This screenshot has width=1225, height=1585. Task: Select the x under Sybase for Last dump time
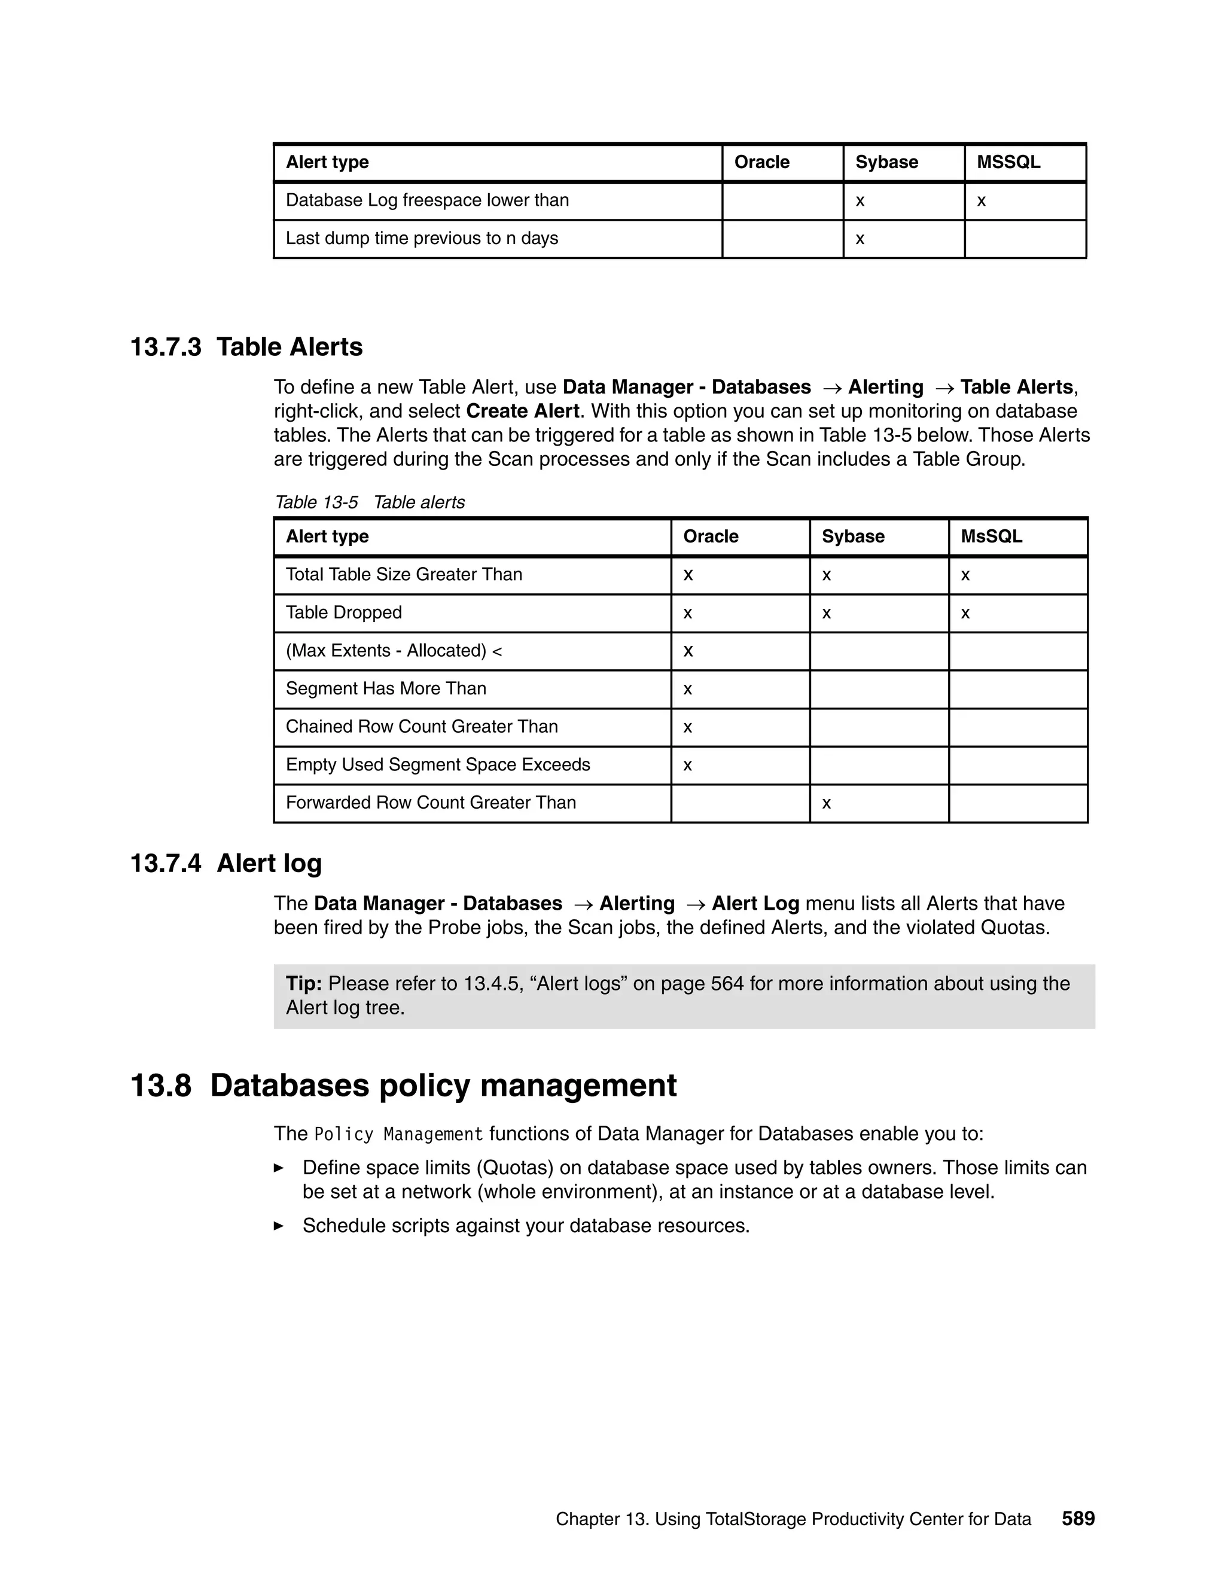tap(860, 239)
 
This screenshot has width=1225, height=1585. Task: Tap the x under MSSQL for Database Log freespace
tap(981, 201)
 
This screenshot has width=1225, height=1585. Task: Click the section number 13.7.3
tap(166, 347)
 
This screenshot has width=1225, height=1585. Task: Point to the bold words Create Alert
tap(523, 412)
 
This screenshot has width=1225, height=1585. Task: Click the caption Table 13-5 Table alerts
tap(370, 502)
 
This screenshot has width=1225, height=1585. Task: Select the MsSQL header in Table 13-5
tap(991, 537)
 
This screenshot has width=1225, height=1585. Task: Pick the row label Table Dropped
tap(343, 612)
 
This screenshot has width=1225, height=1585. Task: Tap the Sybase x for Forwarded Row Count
tap(826, 803)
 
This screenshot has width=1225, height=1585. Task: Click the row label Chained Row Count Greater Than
tap(422, 727)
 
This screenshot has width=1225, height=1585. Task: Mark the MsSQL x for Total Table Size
tap(965, 575)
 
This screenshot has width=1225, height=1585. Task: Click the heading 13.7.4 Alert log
tap(226, 864)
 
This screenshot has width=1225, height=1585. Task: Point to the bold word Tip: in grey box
tap(303, 983)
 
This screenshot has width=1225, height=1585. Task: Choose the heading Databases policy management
tap(443, 1086)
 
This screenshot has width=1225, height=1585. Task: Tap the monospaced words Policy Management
tap(398, 1134)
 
